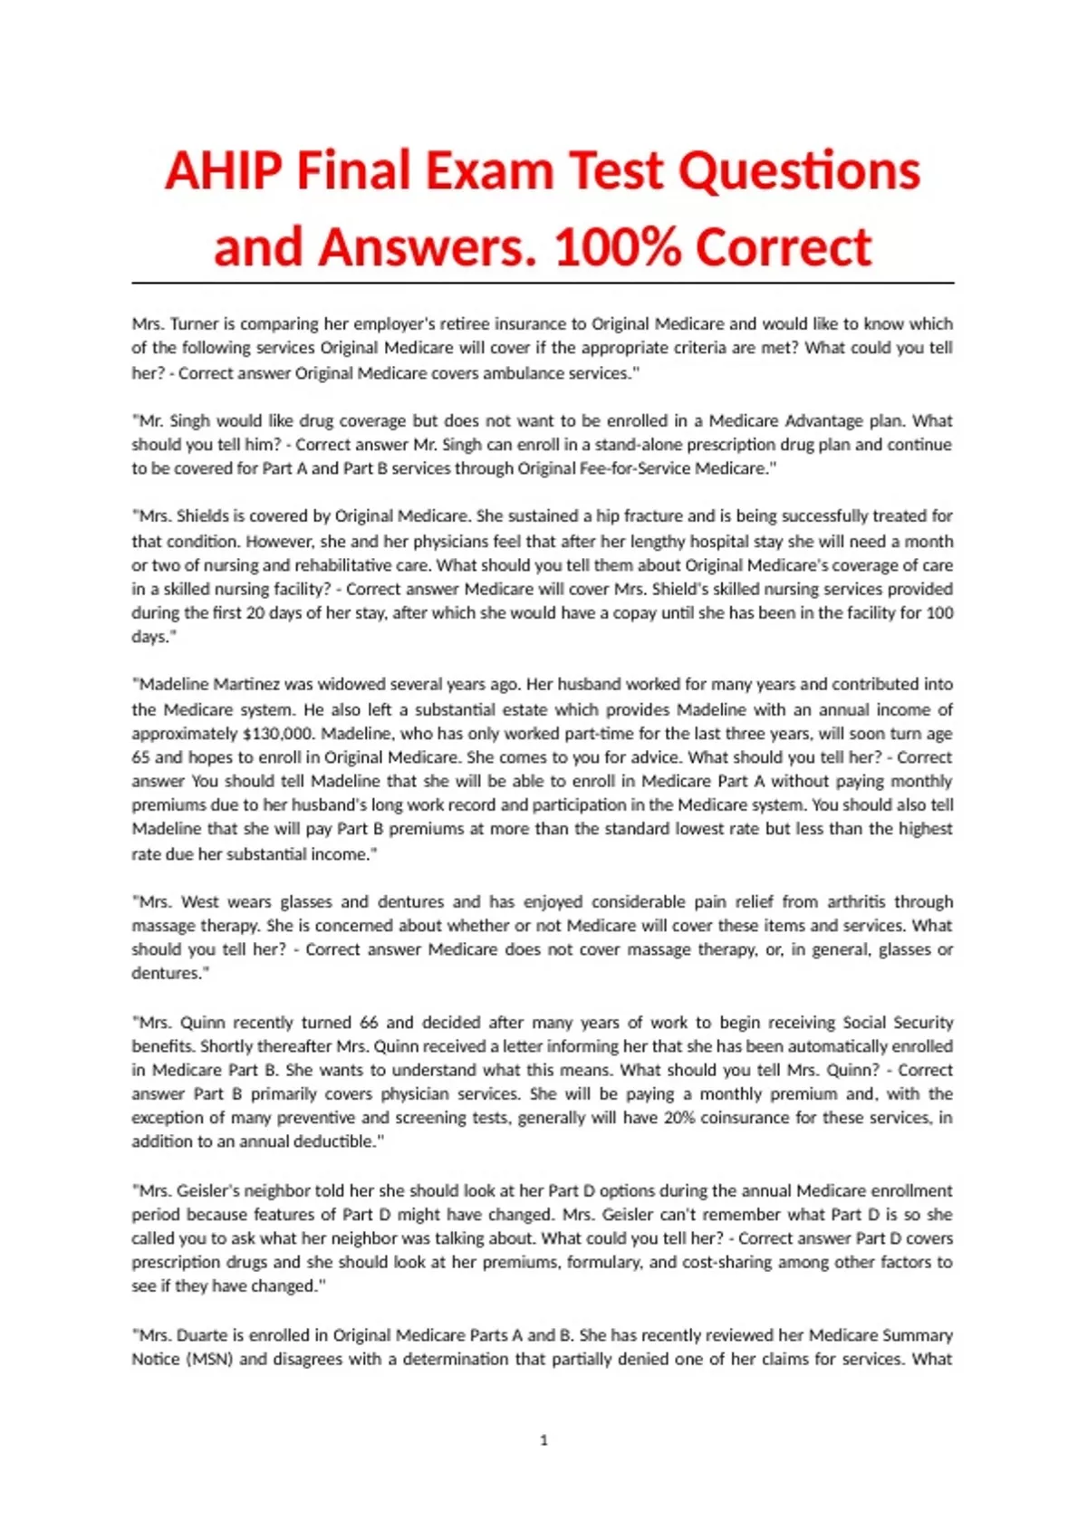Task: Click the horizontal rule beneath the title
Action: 543,284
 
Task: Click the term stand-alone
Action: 640,444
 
